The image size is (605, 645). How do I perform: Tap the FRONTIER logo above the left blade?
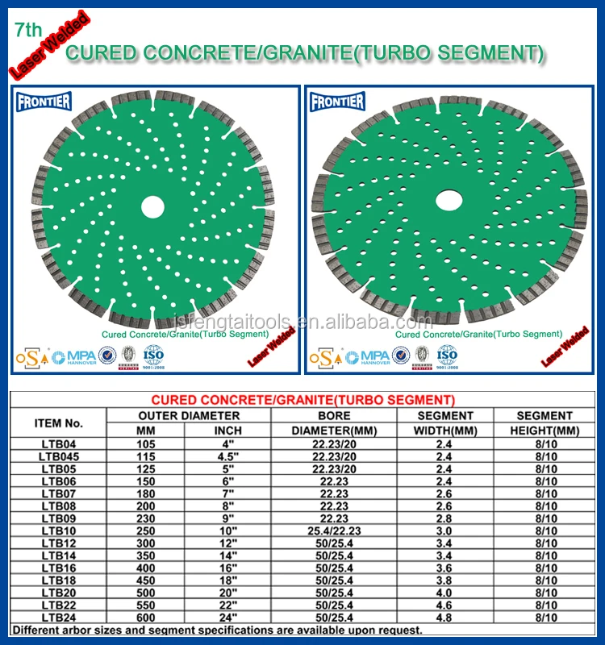click(44, 102)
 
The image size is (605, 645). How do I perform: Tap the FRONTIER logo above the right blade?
click(338, 102)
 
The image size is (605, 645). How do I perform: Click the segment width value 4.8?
click(444, 618)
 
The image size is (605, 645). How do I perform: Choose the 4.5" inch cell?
click(227, 456)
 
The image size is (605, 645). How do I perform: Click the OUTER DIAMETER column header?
click(189, 416)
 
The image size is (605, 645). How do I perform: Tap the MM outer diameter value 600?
click(145, 618)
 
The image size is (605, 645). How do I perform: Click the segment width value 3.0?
click(444, 531)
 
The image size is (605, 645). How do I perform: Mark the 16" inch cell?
click(227, 568)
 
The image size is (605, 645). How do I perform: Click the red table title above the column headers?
click(303, 400)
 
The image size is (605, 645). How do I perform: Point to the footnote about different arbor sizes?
click(218, 630)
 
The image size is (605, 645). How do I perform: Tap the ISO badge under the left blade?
click(153, 354)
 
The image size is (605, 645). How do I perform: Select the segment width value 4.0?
click(444, 593)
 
